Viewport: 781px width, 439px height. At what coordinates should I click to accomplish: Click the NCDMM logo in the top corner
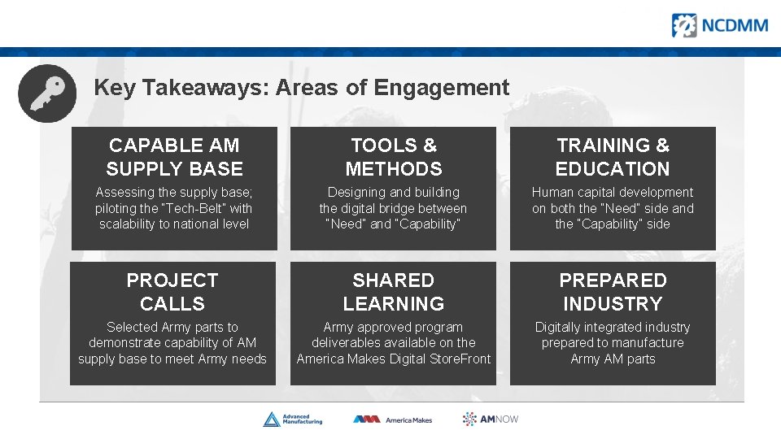coord(719,25)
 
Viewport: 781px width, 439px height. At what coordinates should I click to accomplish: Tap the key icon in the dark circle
coord(47,93)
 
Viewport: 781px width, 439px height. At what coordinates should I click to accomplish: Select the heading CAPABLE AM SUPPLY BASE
coord(174,157)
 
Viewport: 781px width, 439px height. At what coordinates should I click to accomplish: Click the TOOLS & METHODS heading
coord(394,157)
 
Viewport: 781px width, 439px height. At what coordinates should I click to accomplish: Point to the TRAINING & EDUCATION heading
coord(613,157)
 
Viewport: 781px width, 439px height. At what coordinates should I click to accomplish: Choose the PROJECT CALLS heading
coord(172,292)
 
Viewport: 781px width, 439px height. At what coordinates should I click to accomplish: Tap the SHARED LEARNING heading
coord(394,292)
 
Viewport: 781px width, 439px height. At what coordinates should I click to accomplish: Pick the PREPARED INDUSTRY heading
coord(613,292)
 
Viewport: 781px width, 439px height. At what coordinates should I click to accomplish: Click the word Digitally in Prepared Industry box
coord(561,328)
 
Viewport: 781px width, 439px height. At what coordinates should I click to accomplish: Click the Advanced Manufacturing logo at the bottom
coord(293,419)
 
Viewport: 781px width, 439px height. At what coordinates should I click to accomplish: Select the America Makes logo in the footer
coord(393,419)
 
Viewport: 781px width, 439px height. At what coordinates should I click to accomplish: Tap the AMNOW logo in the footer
coord(491,419)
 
